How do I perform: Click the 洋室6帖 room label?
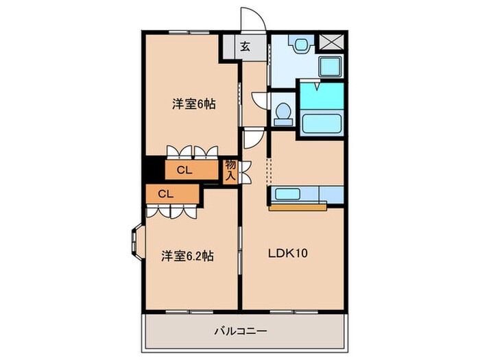pos(193,104)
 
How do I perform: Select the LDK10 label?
pos(287,253)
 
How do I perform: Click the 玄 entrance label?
pos(244,47)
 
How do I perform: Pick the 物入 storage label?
pos(230,169)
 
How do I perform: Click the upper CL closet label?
pos(183,171)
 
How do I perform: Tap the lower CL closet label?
pos(165,194)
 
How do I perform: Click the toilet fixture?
pos(281,112)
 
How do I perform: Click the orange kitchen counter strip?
pos(298,206)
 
